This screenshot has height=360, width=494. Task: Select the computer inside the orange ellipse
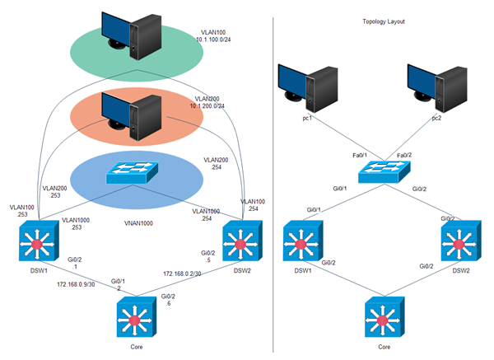click(x=130, y=115)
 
